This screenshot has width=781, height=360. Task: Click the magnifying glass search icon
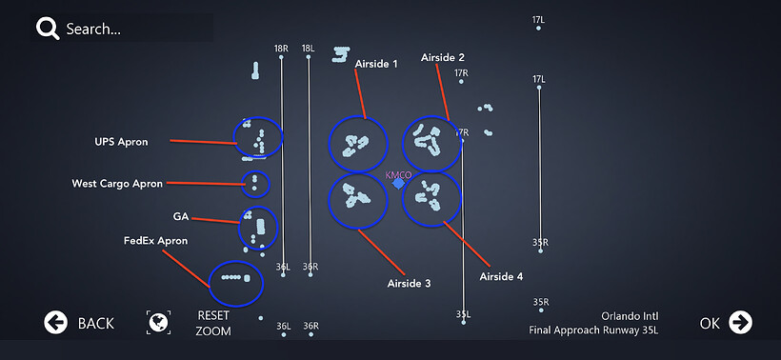(x=48, y=29)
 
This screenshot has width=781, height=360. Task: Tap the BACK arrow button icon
(x=55, y=323)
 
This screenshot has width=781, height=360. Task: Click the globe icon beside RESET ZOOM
(x=158, y=322)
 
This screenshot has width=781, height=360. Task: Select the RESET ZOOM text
(x=213, y=323)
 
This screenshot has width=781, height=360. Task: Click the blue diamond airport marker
(x=398, y=184)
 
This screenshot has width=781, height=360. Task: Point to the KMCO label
(x=398, y=175)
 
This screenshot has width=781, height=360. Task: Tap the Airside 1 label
(x=376, y=64)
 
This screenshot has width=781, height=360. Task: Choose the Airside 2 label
(x=443, y=57)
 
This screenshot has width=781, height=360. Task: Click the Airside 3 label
(x=409, y=283)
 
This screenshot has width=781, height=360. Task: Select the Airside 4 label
(x=501, y=276)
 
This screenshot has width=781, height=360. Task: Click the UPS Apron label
(x=121, y=142)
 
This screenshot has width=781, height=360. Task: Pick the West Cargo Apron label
(x=117, y=184)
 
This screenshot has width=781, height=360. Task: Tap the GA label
(x=180, y=216)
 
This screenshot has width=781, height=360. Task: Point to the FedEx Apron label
(x=155, y=241)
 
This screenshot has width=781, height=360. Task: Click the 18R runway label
(x=281, y=49)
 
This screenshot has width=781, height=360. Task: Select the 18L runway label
(x=309, y=49)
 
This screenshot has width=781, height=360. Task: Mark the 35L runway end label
(x=463, y=314)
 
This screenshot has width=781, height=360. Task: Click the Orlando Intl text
(x=630, y=316)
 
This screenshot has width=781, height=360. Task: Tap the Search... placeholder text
(x=93, y=29)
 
